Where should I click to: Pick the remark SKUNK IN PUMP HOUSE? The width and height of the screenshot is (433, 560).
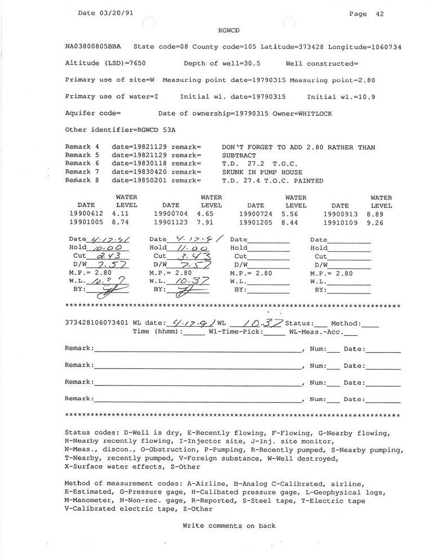tap(262, 172)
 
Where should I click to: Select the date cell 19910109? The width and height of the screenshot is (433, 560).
tap(340, 223)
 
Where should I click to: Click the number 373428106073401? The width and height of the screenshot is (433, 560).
tap(97, 323)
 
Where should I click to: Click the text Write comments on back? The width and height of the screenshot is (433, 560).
tap(229, 526)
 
